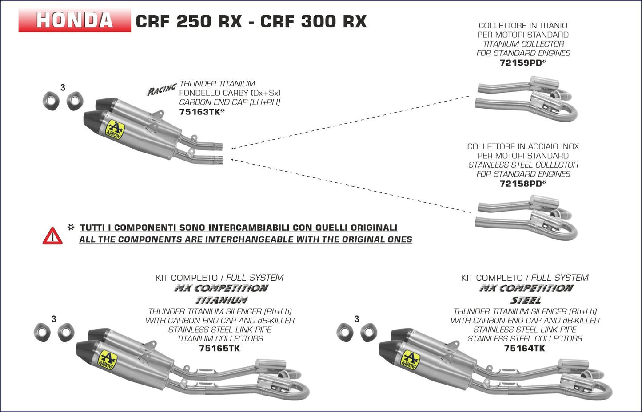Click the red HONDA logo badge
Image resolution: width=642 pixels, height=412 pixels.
(74, 20)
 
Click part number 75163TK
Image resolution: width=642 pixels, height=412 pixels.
(199, 112)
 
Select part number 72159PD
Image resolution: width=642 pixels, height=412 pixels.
(520, 63)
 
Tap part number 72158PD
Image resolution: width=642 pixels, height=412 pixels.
(520, 184)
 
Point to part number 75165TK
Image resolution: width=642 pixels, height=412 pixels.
(219, 348)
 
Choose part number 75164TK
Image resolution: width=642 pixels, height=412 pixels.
(524, 348)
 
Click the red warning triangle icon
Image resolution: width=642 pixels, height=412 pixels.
(52, 236)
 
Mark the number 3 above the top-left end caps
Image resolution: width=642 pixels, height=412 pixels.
(63, 88)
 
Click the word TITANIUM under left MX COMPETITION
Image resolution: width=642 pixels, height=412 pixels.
(222, 300)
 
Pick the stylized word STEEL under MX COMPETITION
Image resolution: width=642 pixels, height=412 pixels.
(526, 300)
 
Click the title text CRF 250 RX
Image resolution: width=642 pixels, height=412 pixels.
(188, 21)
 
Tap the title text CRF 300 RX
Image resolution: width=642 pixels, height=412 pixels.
(313, 21)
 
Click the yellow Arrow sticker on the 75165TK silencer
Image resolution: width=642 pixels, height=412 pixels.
(107, 360)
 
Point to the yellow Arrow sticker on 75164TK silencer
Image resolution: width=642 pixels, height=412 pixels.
(410, 360)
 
